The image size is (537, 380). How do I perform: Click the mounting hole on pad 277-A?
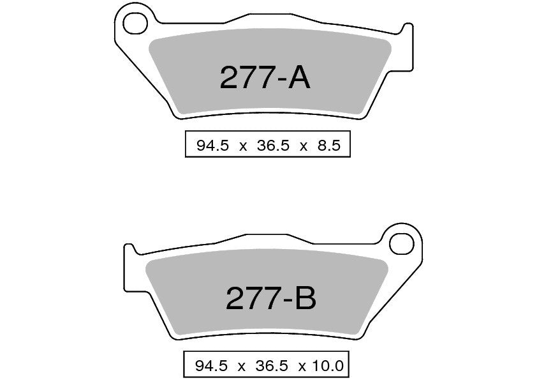[134, 24]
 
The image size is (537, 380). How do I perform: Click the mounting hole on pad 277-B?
[403, 243]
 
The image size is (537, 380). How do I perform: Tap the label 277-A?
[265, 79]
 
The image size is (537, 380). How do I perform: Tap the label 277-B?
[270, 297]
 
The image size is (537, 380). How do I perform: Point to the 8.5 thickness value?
[330, 146]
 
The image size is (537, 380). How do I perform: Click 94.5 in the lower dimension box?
[211, 366]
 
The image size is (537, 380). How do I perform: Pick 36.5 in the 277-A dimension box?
[273, 146]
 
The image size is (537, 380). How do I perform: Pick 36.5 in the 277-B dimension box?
[271, 366]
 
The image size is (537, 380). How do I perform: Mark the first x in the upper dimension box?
[243, 146]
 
